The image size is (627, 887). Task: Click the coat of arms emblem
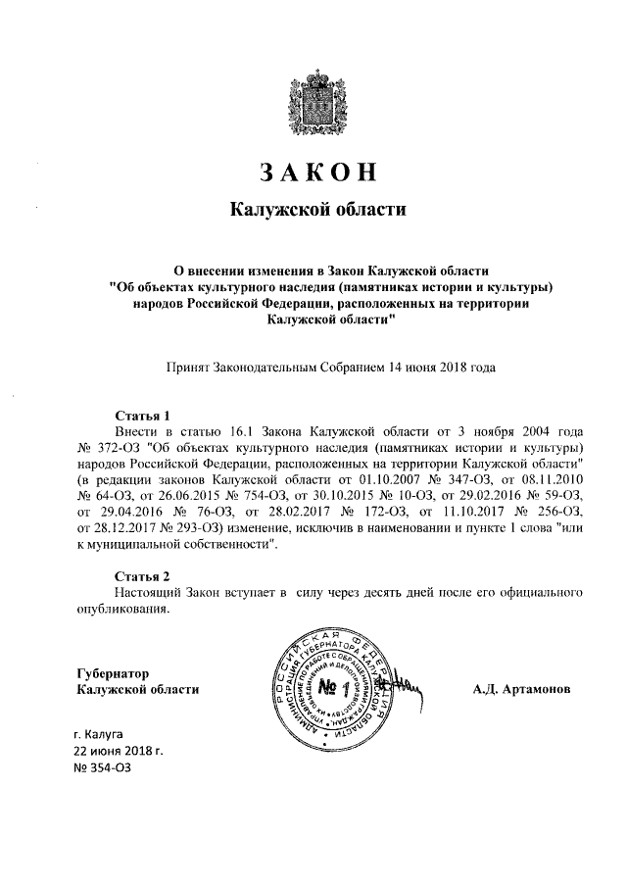[x=314, y=98]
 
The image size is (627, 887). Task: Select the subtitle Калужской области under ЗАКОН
[x=316, y=209]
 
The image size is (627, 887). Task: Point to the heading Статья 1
[x=143, y=415]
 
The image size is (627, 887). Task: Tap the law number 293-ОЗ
[x=179, y=529]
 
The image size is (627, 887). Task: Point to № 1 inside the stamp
[x=334, y=686]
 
